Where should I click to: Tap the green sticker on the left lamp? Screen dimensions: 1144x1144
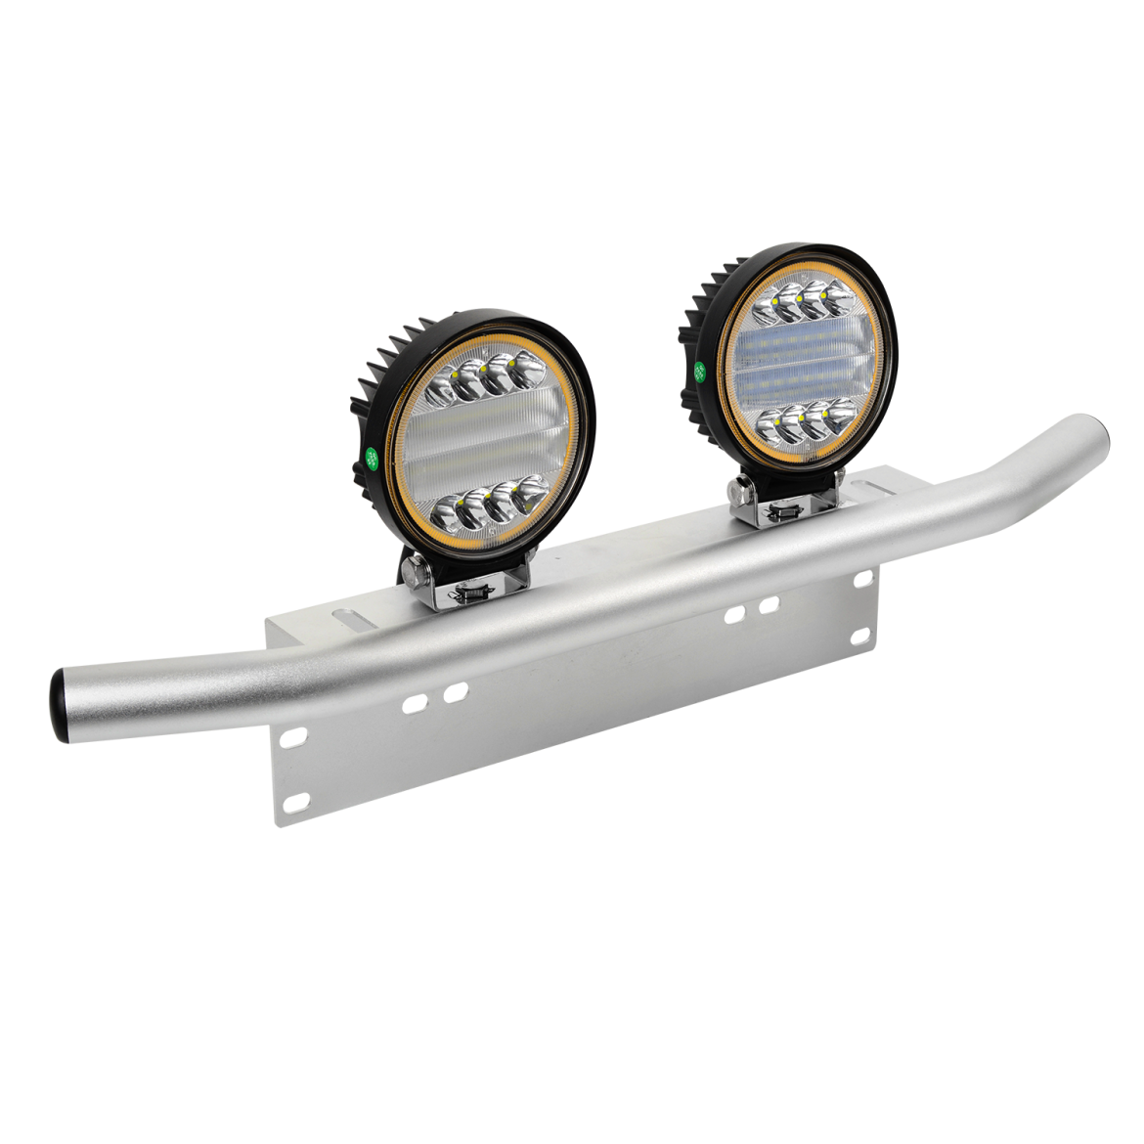pos(372,455)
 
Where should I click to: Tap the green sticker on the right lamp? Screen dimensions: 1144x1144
pos(700,372)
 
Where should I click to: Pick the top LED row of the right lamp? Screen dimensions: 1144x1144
pos(800,302)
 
